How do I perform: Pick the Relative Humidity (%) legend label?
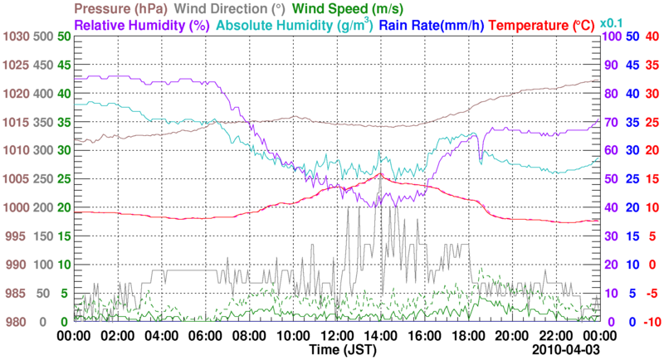141,25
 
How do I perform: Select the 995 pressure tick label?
17,236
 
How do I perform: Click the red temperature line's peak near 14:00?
379,174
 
